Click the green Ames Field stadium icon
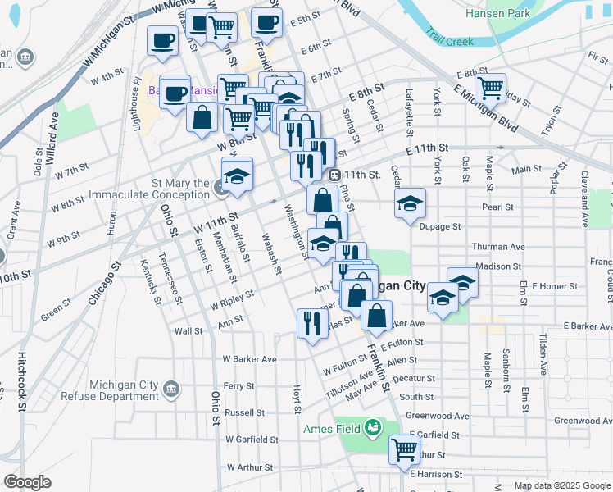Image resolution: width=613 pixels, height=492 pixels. pyautogui.click(x=373, y=427)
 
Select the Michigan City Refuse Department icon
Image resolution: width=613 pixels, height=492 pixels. pyautogui.click(x=170, y=388)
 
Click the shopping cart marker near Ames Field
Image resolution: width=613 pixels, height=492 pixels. pyautogui.click(x=404, y=449)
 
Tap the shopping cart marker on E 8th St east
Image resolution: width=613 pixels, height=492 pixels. pyautogui.click(x=490, y=87)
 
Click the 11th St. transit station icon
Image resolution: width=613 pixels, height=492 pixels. pyautogui.click(x=334, y=175)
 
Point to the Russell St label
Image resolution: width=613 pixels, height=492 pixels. pyautogui.click(x=245, y=412)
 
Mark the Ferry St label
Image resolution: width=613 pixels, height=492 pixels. pyautogui.click(x=239, y=385)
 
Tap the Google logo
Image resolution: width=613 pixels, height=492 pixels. pyautogui.click(x=28, y=483)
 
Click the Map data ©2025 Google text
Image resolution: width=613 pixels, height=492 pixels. pyautogui.click(x=561, y=485)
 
